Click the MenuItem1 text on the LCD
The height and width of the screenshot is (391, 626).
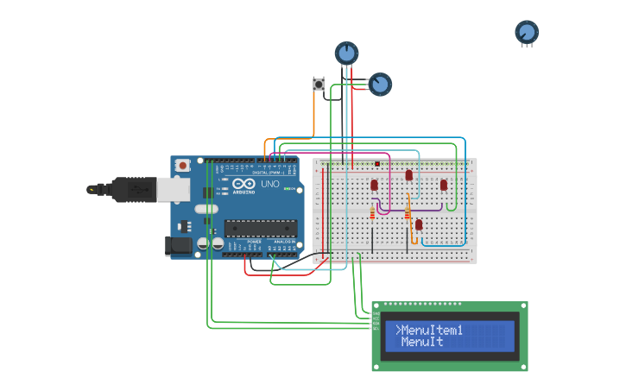tap(433, 331)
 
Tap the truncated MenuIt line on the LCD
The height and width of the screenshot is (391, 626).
tap(422, 343)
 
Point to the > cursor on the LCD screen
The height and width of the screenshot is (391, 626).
tap(398, 331)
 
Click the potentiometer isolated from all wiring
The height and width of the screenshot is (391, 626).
tap(527, 33)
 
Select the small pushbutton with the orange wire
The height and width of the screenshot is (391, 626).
tap(319, 84)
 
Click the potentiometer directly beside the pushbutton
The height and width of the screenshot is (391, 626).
tap(379, 84)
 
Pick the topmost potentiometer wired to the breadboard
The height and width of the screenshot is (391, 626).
tap(346, 54)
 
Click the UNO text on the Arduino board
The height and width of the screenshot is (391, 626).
tap(270, 184)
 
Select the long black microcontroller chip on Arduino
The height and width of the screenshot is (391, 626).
tap(261, 228)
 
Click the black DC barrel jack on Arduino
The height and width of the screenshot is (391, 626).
tap(179, 245)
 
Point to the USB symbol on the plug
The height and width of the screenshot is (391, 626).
tap(92, 188)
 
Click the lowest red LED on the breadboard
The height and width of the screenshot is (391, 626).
tap(419, 224)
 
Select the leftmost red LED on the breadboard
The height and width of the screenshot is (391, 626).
tap(375, 185)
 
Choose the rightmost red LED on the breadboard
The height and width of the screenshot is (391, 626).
tap(444, 185)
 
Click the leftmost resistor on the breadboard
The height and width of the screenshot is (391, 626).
tap(373, 212)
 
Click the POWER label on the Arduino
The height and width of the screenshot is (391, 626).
tap(254, 242)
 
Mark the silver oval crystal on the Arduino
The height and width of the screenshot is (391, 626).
tap(206, 209)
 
